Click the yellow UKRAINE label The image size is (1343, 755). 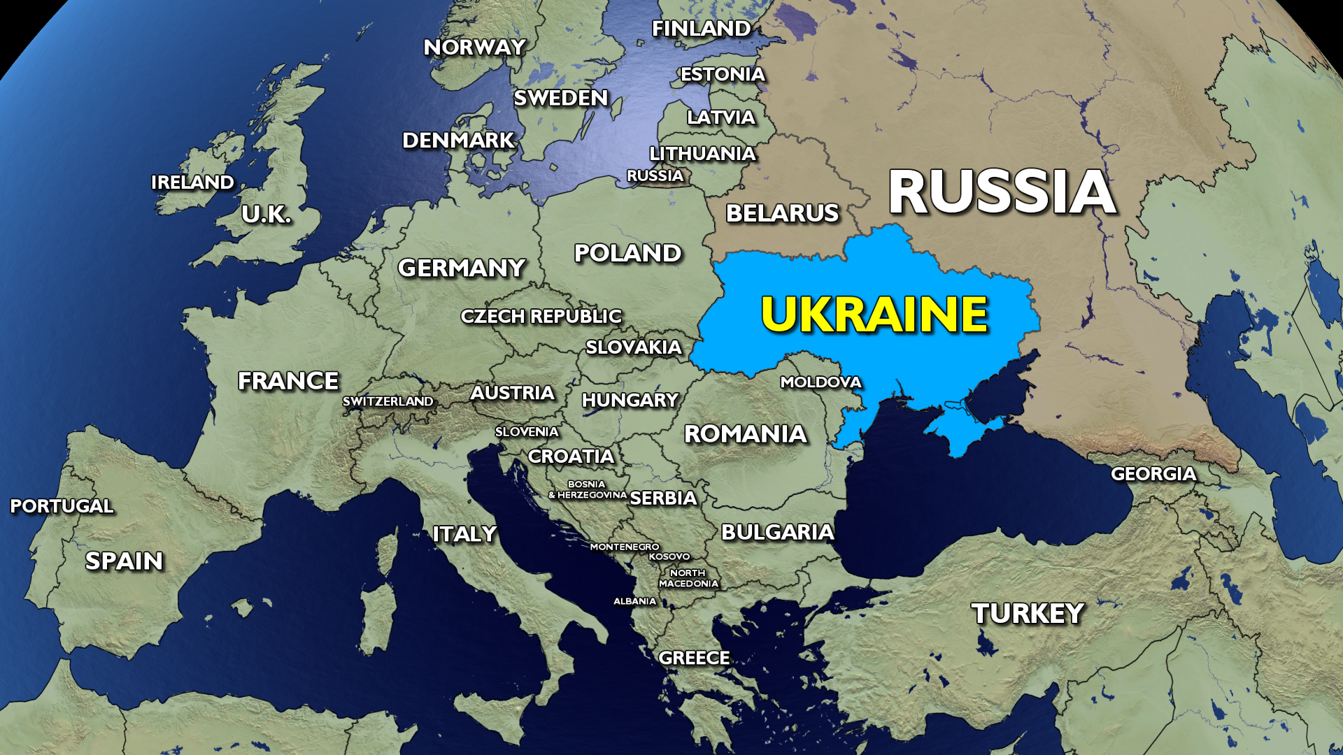874,314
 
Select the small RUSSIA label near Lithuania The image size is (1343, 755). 655,175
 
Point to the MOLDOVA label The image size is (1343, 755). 820,382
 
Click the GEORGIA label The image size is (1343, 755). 1153,474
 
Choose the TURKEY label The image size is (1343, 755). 1028,614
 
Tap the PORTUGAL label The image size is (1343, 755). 62,505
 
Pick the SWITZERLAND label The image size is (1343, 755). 388,401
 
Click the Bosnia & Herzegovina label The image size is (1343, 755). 588,489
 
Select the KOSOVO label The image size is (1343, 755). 669,556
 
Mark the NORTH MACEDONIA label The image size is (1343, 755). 688,578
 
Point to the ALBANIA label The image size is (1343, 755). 634,601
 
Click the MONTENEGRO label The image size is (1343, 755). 624,547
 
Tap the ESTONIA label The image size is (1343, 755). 723,74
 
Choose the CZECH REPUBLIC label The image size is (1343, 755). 541,316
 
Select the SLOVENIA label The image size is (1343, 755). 527,432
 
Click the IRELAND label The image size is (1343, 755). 192,182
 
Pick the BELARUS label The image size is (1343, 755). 782,213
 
